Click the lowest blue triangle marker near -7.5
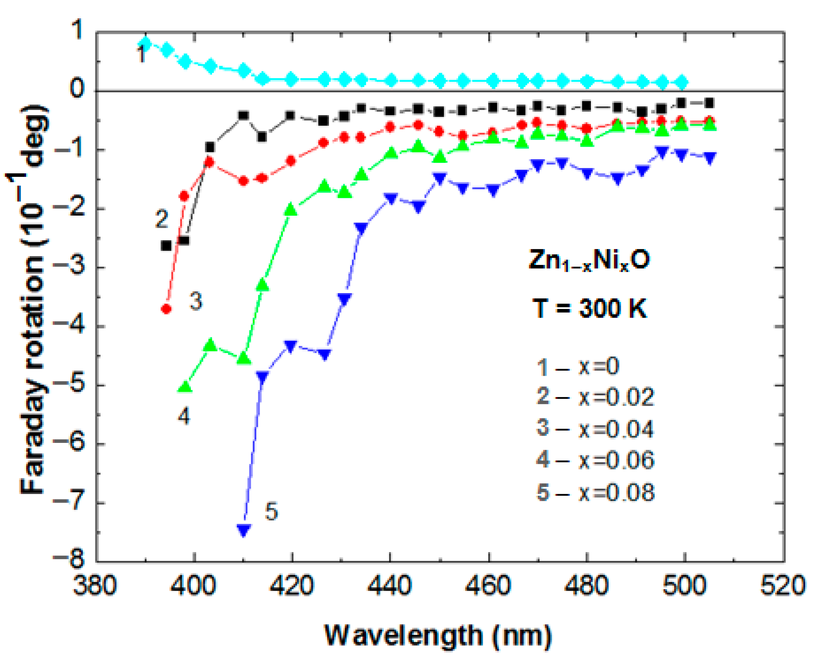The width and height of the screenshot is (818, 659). pyautogui.click(x=244, y=530)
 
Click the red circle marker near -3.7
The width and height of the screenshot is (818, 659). pyautogui.click(x=166, y=309)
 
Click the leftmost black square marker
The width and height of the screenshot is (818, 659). pyautogui.click(x=166, y=246)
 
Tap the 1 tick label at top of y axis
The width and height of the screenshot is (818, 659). pyautogui.click(x=78, y=30)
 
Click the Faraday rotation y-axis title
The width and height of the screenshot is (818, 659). pyautogui.click(x=33, y=300)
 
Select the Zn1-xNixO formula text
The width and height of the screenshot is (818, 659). pyautogui.click(x=589, y=261)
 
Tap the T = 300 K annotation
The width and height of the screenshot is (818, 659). pyautogui.click(x=589, y=308)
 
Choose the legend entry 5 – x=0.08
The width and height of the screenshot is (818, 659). pyautogui.click(x=595, y=492)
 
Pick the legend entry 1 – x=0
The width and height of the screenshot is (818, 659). pyautogui.click(x=577, y=367)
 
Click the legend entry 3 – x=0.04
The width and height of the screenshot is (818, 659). pyautogui.click(x=595, y=428)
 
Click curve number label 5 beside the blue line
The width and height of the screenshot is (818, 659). pyautogui.click(x=271, y=512)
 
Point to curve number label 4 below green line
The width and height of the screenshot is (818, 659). pyautogui.click(x=184, y=416)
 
